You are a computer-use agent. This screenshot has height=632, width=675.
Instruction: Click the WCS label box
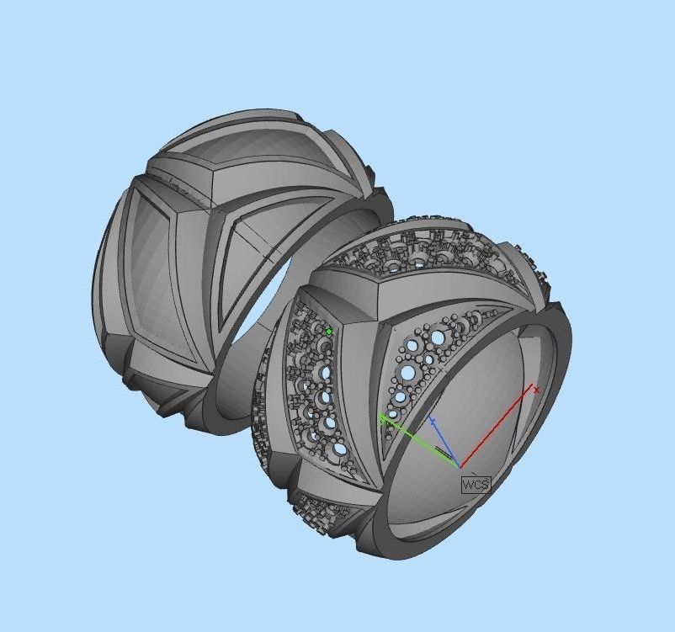tap(475, 484)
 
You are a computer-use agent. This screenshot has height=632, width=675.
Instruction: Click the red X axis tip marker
tap(536, 390)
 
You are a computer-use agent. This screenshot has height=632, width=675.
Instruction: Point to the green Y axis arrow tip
tap(383, 417)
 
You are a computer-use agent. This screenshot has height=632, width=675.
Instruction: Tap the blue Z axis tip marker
tap(432, 418)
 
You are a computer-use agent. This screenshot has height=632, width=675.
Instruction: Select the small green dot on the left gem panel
tap(329, 332)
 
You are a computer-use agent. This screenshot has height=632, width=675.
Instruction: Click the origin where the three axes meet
tap(460, 465)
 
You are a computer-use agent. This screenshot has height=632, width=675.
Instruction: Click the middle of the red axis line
tap(497, 428)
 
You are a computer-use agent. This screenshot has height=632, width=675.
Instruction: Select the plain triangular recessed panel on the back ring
tap(252, 252)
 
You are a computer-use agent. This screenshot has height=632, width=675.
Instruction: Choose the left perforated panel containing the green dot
tap(316, 379)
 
